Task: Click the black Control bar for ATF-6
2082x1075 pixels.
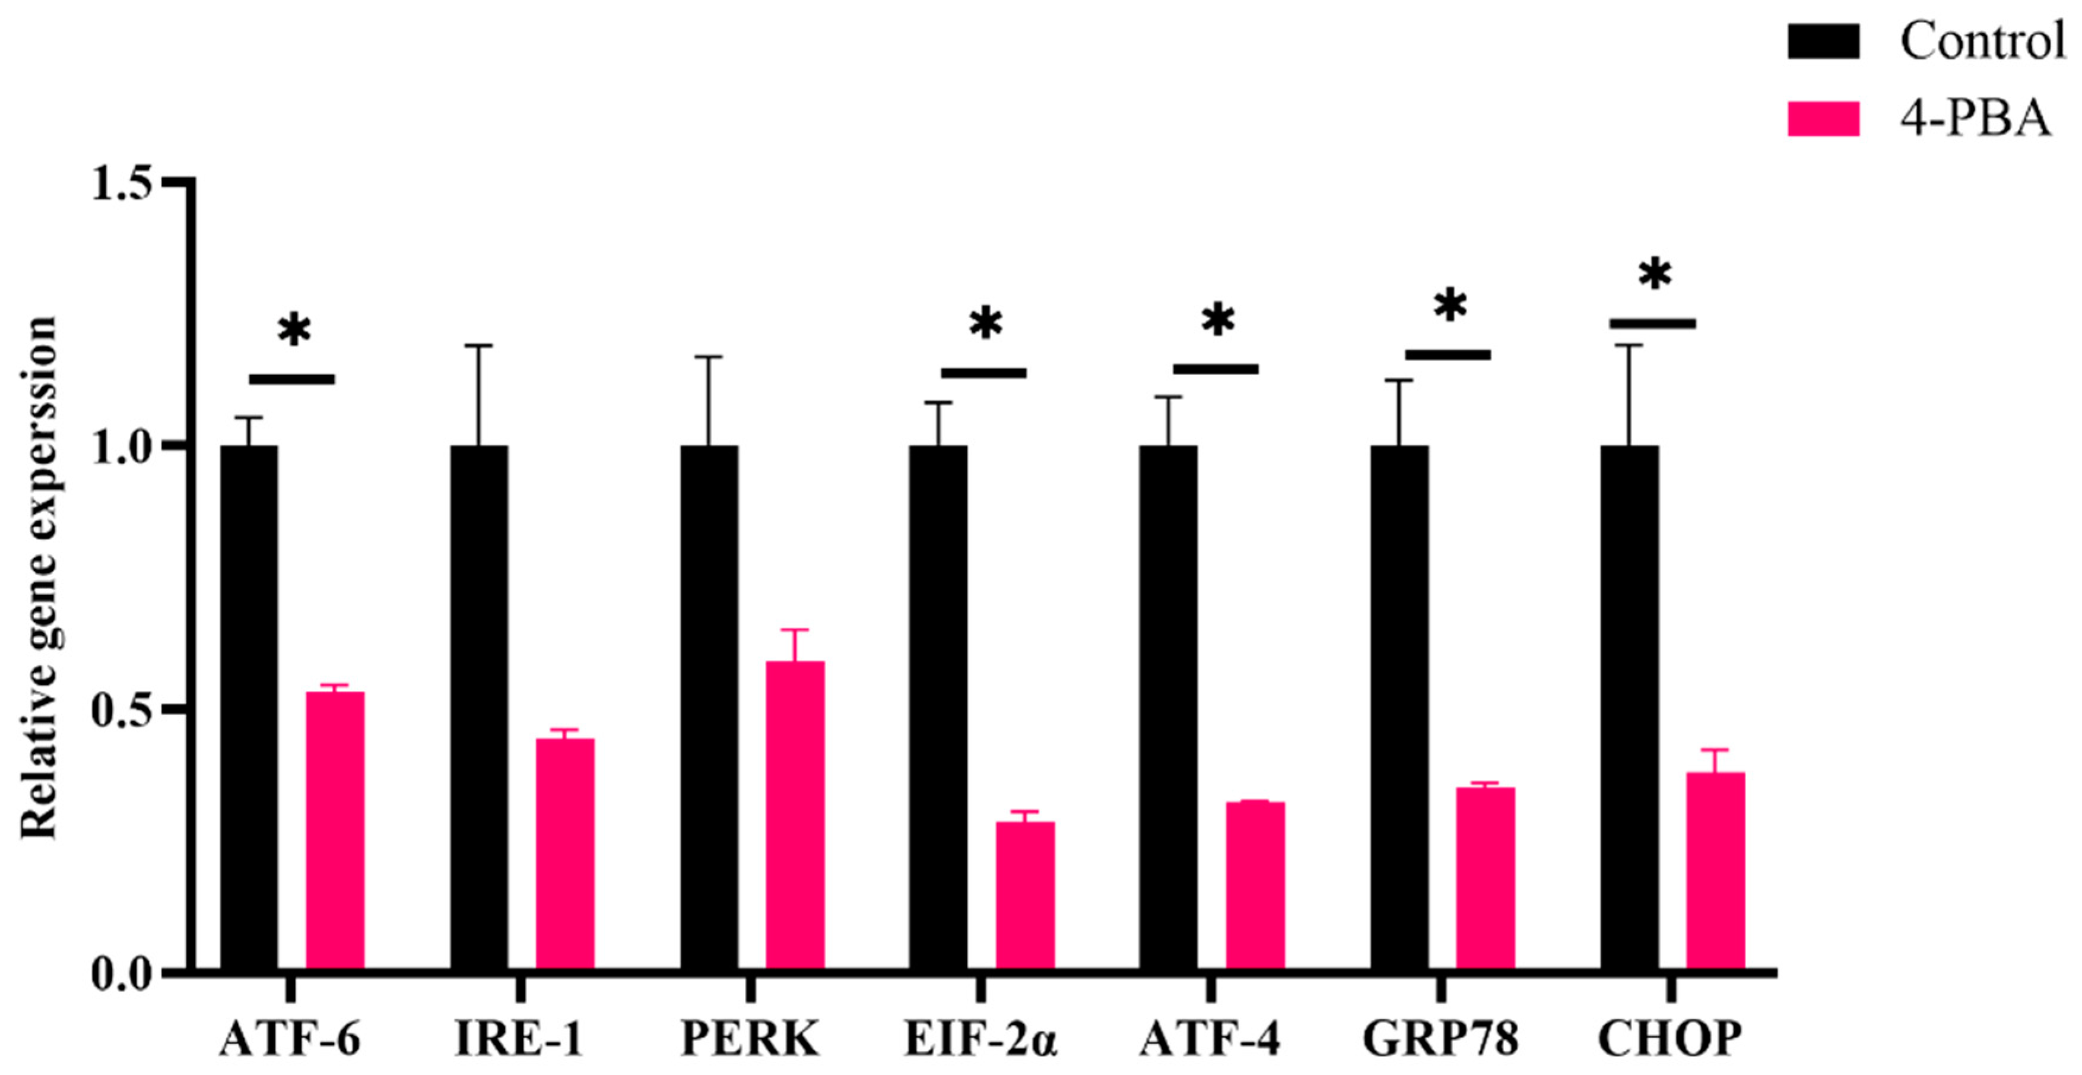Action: pos(249,706)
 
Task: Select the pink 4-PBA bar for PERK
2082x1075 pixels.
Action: pos(795,815)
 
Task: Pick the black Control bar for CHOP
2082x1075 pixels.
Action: pos(1629,706)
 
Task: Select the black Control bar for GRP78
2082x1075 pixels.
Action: pos(1399,706)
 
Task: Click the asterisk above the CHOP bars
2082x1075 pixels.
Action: pos(1655,275)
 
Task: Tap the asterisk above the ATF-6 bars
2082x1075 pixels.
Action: pos(294,331)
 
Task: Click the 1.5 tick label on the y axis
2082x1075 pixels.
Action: pos(121,183)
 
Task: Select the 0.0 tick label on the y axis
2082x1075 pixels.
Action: pos(121,974)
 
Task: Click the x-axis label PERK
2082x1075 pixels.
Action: pos(750,1039)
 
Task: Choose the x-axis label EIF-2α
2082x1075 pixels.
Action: pos(980,1039)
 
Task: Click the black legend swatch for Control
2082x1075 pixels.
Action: pos(1823,41)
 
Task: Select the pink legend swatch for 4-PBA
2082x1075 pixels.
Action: pos(1823,118)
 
